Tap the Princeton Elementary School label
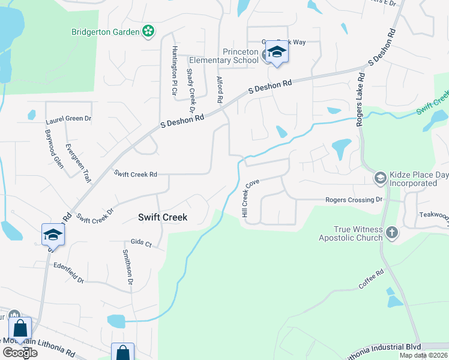pos(224,56)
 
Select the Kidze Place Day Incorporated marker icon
pos(380,178)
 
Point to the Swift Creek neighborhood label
pos(162,217)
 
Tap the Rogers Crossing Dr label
pos(354,199)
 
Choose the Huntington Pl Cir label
pos(175,71)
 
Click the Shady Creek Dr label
pos(191,90)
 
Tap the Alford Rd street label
pos(220,88)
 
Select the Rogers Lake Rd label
pos(361,100)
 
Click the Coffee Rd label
pos(371,280)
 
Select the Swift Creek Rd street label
pos(136,174)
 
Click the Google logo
pos(20,352)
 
